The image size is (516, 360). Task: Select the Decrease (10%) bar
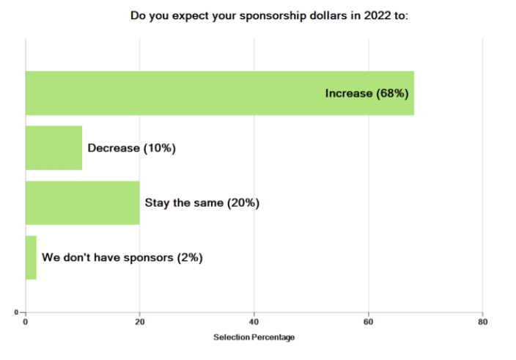click(54, 148)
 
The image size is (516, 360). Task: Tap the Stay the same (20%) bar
click(82, 203)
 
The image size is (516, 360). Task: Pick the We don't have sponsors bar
click(31, 257)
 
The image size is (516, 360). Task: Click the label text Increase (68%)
click(366, 94)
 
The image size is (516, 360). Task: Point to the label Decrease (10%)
click(131, 148)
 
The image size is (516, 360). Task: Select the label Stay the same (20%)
click(202, 203)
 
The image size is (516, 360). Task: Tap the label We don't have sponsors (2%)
click(122, 257)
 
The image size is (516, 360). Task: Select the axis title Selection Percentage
click(254, 337)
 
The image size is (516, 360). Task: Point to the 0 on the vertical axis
click(16, 313)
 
